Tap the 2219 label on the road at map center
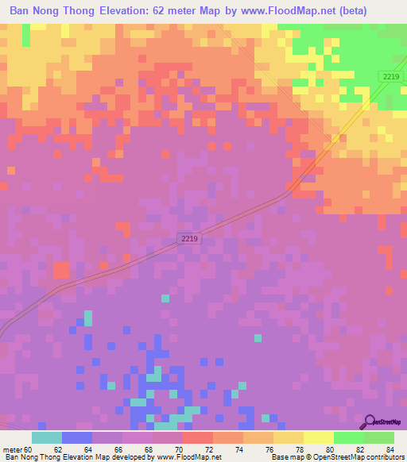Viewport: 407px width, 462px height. click(188, 238)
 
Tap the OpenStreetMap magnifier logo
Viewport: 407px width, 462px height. click(369, 422)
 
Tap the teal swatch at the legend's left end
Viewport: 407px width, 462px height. click(47, 437)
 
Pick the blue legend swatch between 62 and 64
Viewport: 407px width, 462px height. click(77, 437)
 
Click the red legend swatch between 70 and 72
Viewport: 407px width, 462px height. click(198, 437)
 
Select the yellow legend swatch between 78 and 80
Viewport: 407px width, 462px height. click(319, 437)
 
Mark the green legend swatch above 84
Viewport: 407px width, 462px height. click(379, 437)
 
